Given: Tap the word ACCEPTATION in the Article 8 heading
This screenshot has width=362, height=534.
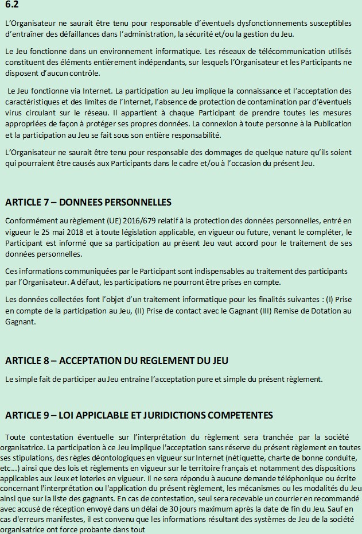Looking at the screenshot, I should pos(91,361).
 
